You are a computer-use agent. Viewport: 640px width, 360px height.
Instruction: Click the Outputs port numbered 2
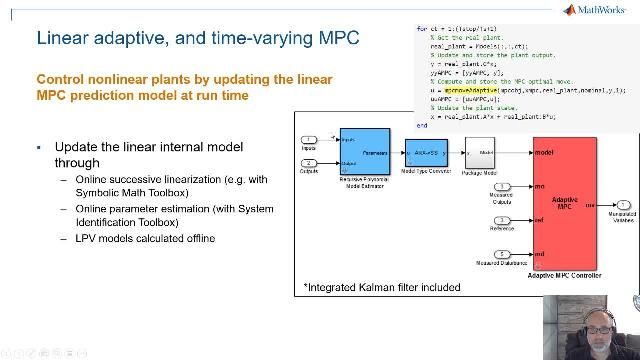click(x=310, y=163)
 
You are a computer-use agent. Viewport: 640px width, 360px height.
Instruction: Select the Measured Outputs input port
click(x=502, y=185)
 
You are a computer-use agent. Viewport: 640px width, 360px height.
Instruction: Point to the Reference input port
click(x=502, y=219)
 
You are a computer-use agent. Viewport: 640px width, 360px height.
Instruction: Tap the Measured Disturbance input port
click(x=502, y=253)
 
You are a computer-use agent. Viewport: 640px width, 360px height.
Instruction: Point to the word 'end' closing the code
click(x=422, y=126)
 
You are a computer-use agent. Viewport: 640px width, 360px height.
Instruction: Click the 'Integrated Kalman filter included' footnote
click(x=382, y=287)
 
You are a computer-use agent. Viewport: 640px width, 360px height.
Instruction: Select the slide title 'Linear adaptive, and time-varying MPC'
click(x=198, y=39)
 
